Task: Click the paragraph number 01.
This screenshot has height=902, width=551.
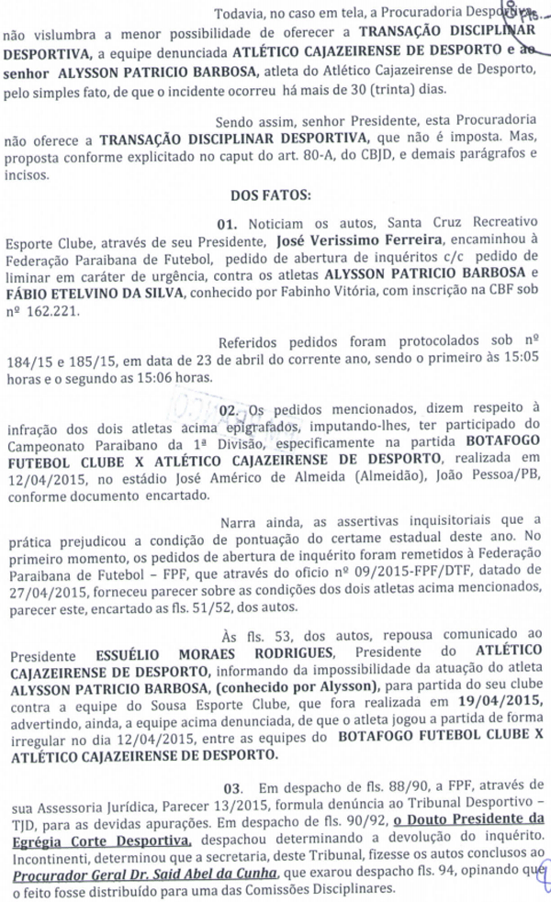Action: (x=228, y=223)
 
